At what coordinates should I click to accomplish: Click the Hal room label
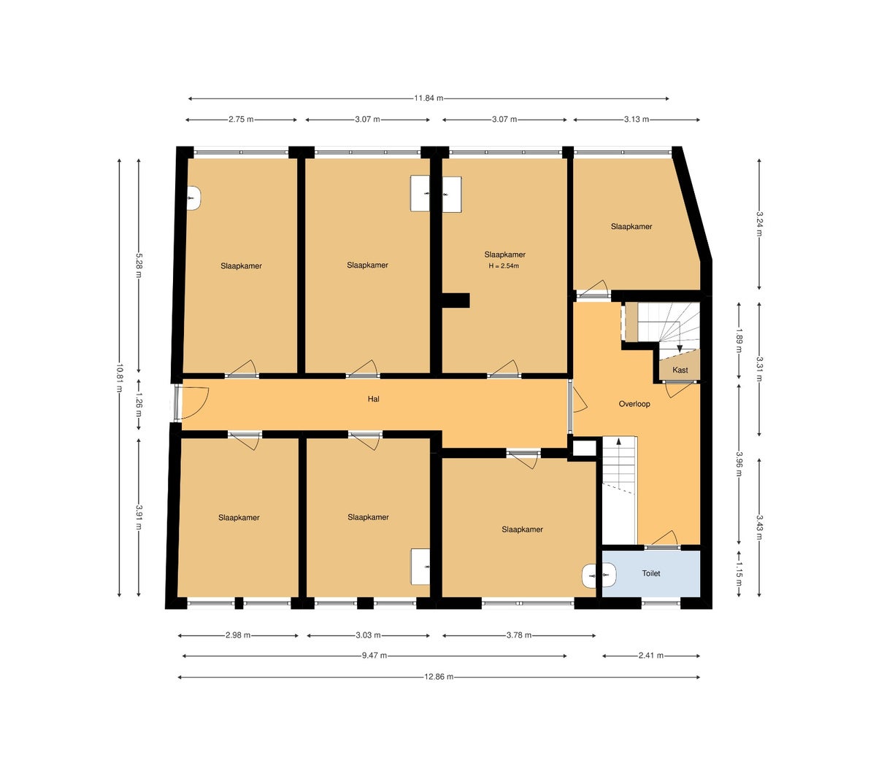[373, 399]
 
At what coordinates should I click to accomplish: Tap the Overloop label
[634, 404]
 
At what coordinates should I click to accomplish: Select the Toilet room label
[650, 573]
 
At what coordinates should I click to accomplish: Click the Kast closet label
[680, 370]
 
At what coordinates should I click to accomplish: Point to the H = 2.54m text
[504, 265]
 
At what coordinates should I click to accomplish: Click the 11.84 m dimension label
[429, 98]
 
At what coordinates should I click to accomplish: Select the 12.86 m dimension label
[439, 677]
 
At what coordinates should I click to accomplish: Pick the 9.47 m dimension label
[374, 656]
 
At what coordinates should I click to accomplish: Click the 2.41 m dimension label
[650, 656]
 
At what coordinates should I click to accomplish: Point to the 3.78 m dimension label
[519, 635]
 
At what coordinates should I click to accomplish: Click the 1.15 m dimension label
[739, 573]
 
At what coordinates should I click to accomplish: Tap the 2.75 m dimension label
[242, 120]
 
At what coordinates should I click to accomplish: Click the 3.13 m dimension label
[637, 120]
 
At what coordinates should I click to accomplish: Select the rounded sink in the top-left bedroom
[193, 198]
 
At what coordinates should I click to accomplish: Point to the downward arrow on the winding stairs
[680, 347]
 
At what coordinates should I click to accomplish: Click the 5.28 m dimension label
[139, 265]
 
